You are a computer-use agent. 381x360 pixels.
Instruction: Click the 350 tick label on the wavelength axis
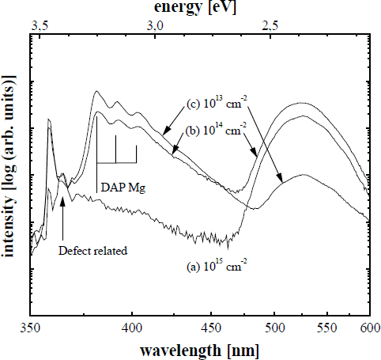pos(30,326)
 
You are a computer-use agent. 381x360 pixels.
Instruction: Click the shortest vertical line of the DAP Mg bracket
pos(137,154)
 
